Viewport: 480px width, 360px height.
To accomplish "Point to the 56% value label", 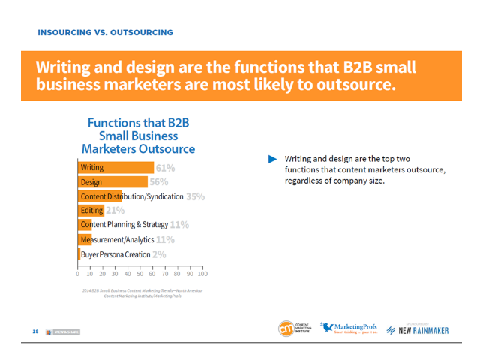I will click(159, 182).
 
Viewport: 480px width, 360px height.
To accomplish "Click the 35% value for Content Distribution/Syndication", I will click(195, 196).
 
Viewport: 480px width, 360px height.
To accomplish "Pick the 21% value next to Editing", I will click(115, 211).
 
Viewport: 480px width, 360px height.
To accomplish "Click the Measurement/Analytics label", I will click(117, 240).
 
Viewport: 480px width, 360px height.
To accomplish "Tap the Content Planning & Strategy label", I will click(124, 225).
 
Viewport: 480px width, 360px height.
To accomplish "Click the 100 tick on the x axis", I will click(202, 274).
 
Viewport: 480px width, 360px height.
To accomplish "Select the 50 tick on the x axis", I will click(140, 274).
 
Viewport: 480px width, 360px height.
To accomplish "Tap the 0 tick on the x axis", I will click(78, 274).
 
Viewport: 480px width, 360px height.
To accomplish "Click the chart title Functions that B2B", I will click(141, 122).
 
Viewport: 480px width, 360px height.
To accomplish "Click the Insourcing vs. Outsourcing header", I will click(106, 33).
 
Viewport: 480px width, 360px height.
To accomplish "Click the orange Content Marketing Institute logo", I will click(286, 328).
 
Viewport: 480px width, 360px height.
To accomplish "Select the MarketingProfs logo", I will click(350, 328).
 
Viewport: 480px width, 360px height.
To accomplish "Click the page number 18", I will click(35, 331).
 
